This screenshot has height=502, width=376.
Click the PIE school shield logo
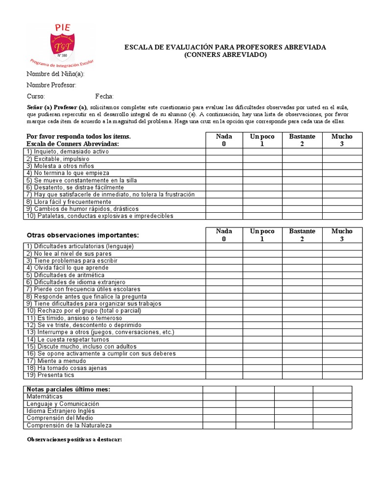(62, 45)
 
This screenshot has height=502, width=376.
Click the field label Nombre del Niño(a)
(55, 74)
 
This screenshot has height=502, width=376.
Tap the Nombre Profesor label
(51, 85)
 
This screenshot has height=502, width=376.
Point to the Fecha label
(104, 97)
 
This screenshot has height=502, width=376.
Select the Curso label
(36, 97)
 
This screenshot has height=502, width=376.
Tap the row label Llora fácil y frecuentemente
(69, 201)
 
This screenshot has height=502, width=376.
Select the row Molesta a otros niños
(60, 166)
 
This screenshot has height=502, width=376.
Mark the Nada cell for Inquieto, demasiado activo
(224, 151)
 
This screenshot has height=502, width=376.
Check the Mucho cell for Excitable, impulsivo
(342, 159)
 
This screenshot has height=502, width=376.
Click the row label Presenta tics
(50, 375)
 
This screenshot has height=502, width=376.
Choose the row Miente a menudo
(56, 361)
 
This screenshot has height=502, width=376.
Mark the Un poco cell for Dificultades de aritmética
(262, 275)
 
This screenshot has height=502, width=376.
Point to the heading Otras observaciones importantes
(83, 235)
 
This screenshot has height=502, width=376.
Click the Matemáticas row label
(45, 396)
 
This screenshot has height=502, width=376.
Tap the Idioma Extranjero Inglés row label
(61, 411)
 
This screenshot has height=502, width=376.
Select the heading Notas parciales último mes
(68, 389)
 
